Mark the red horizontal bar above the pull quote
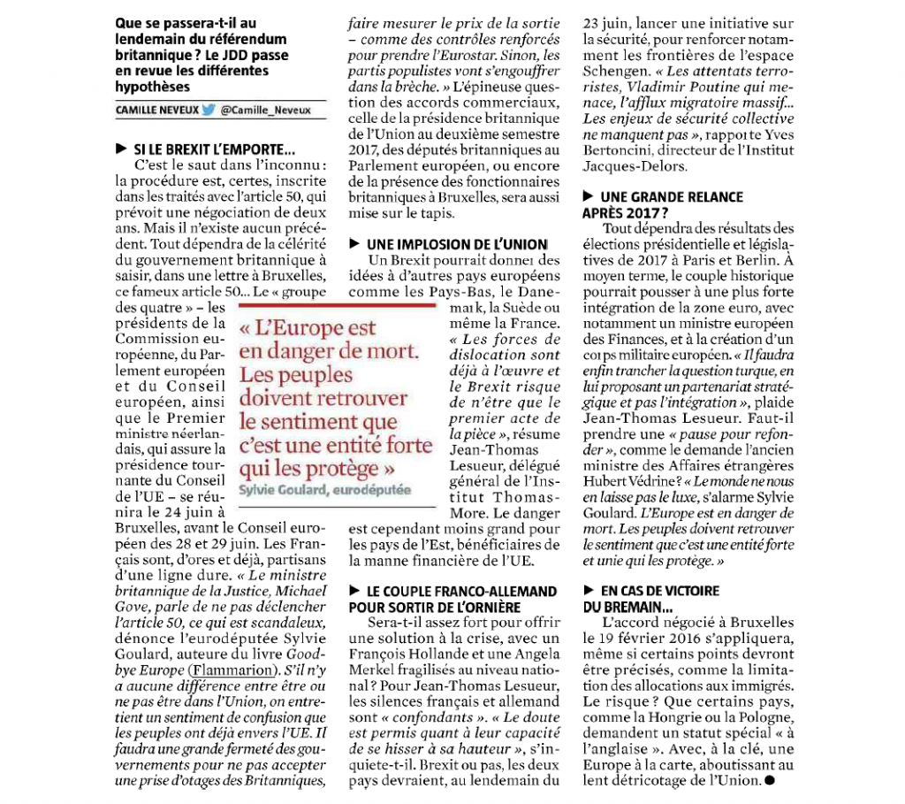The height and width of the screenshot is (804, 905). pyautogui.click(x=338, y=305)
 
